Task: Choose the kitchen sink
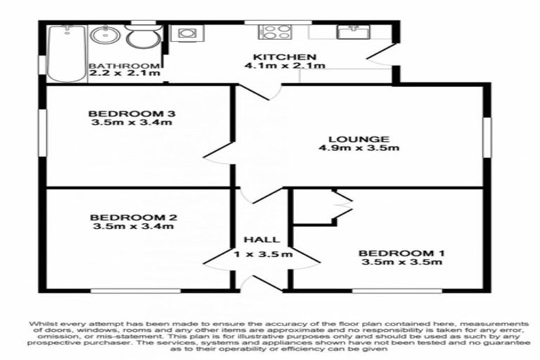(x=349, y=32)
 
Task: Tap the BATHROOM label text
(x=124, y=67)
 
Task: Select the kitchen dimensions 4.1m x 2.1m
(x=285, y=67)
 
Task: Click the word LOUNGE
(x=363, y=139)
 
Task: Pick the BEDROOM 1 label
(x=401, y=253)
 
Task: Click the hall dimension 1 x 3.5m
(x=263, y=255)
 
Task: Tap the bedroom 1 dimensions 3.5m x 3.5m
(x=401, y=263)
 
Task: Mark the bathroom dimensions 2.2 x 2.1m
(x=124, y=75)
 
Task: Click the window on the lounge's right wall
(x=487, y=136)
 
